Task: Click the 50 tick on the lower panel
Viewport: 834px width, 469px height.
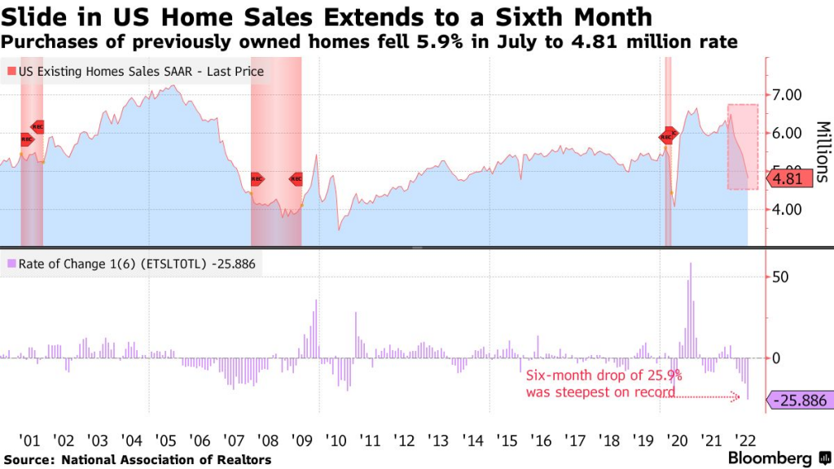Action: pyautogui.click(x=781, y=277)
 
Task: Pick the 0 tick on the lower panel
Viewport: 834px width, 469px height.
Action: pyautogui.click(x=776, y=357)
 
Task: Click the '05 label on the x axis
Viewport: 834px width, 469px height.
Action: pyautogui.click(x=165, y=441)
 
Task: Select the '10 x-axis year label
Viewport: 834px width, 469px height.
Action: pyautogui.click(x=336, y=441)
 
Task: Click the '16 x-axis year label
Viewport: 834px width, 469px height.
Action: pyautogui.click(x=540, y=441)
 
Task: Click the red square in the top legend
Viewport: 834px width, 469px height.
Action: pyautogui.click(x=11, y=72)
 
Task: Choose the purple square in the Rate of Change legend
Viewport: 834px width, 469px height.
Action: pyautogui.click(x=11, y=263)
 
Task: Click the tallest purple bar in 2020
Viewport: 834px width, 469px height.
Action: pyautogui.click(x=691, y=310)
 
